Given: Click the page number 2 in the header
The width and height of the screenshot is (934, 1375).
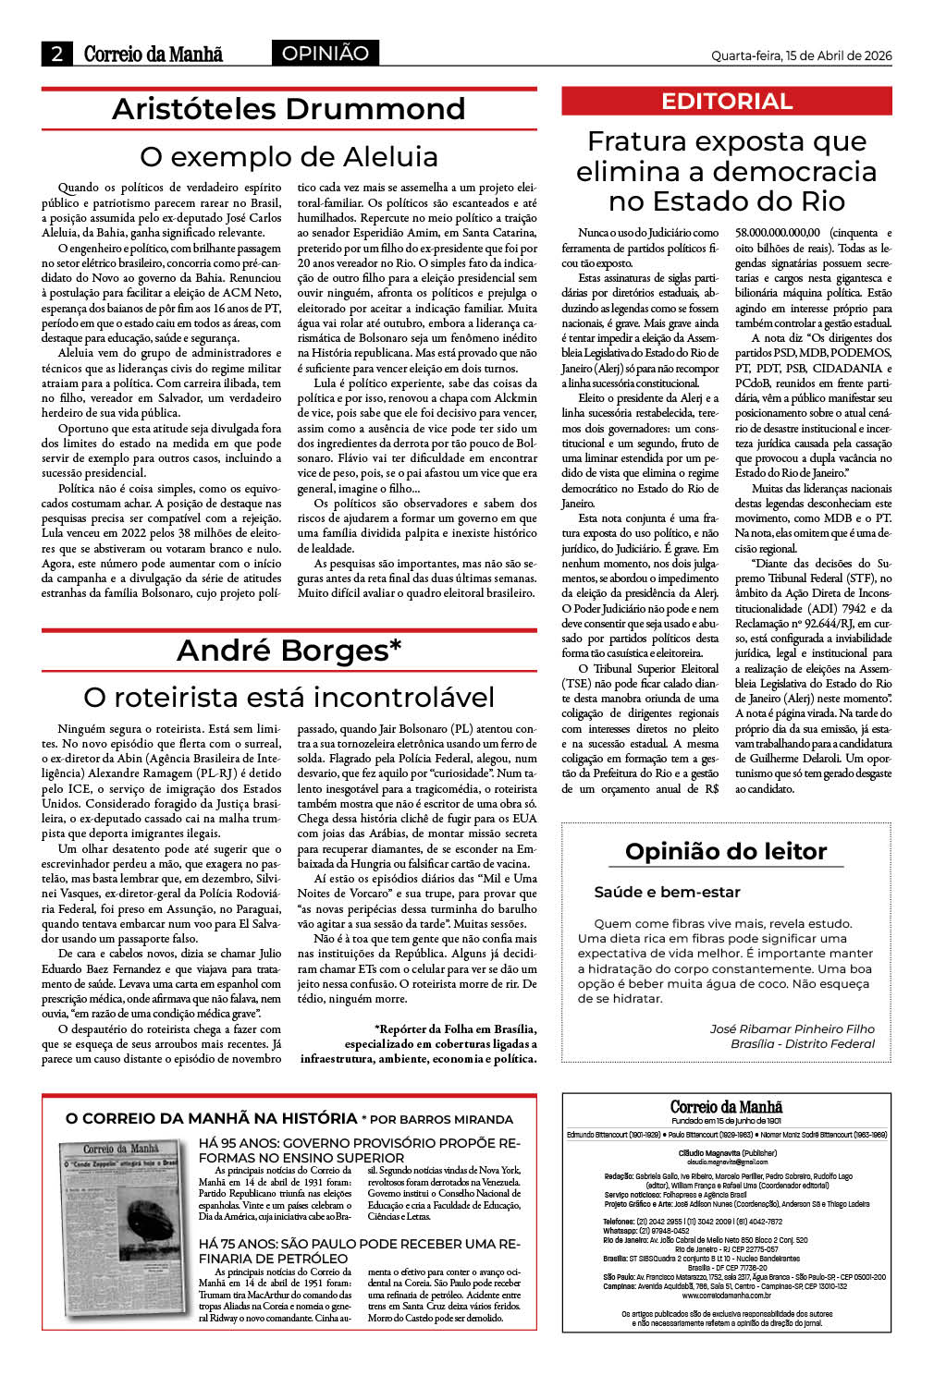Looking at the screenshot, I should (x=56, y=54).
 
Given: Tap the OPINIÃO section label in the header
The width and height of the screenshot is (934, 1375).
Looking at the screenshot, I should (x=325, y=54).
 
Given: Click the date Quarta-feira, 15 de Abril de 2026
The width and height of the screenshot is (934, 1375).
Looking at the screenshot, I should (x=801, y=55).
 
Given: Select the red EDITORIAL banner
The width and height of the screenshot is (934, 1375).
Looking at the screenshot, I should (x=726, y=102).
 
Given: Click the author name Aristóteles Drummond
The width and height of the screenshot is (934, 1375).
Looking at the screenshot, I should (x=289, y=109).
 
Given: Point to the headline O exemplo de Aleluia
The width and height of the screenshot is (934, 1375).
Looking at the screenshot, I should (x=289, y=156).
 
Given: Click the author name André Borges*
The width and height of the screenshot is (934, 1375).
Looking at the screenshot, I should (x=289, y=651).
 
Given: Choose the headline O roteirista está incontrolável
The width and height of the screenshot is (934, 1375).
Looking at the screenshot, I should (x=289, y=697).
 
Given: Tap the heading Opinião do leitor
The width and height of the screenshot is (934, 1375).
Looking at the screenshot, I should (x=726, y=851).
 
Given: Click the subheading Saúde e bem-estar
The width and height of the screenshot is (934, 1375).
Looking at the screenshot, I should (x=667, y=893).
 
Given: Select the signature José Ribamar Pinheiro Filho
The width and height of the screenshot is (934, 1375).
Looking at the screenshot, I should (x=792, y=1028).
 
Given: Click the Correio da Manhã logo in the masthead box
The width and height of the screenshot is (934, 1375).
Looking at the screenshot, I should (x=726, y=1107).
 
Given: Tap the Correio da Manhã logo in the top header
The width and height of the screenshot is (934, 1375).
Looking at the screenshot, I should (x=153, y=54).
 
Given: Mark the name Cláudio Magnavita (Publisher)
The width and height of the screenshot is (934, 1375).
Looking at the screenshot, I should (x=727, y=1153).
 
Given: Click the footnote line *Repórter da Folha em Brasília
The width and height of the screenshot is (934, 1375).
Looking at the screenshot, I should (x=455, y=1028).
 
